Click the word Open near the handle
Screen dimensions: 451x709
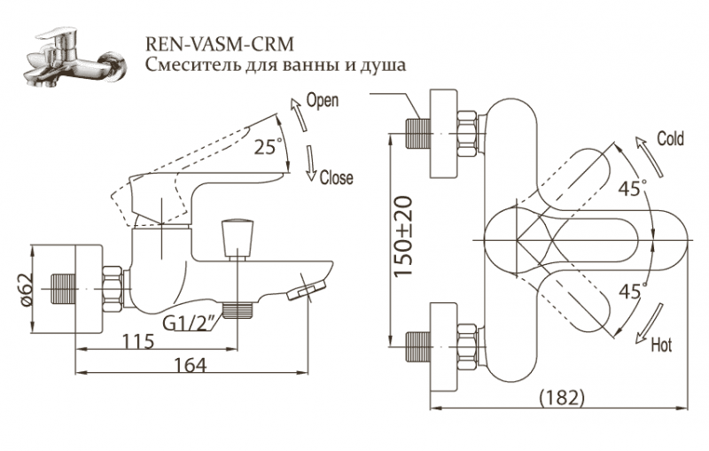pos(322,100)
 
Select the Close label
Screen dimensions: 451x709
pos(336,177)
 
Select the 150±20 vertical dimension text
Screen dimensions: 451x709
pos(404,237)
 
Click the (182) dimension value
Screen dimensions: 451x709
pos(562,399)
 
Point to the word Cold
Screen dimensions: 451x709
pos(670,139)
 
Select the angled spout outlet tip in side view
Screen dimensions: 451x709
pos(308,287)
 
